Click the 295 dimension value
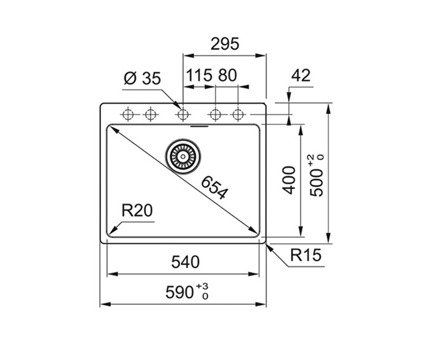225,44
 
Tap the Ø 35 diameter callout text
142,78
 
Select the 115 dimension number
199,75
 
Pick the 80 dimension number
227,75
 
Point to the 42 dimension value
301,75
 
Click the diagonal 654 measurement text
214,187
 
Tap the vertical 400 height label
289,180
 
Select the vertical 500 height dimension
317,182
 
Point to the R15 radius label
306,255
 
